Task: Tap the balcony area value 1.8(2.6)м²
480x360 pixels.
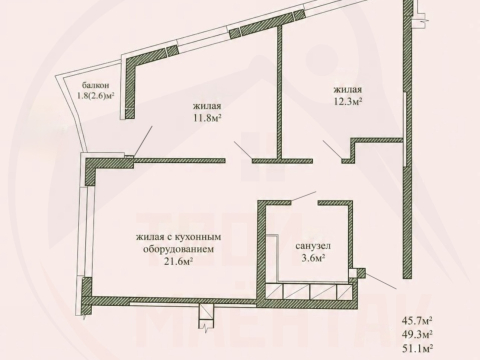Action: click(x=96, y=96)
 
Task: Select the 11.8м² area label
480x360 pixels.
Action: click(x=207, y=118)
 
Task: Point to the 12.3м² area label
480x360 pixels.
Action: click(x=348, y=101)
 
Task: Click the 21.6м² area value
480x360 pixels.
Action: click(x=178, y=261)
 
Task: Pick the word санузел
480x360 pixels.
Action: click(x=313, y=246)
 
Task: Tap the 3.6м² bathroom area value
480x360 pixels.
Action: click(x=313, y=258)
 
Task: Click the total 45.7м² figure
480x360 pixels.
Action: click(x=417, y=321)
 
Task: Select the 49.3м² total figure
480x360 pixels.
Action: click(x=417, y=333)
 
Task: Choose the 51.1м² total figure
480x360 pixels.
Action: click(x=417, y=347)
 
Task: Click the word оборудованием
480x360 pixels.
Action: click(x=178, y=249)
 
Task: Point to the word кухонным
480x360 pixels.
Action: click(x=202, y=237)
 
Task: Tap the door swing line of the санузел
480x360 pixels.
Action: click(x=304, y=196)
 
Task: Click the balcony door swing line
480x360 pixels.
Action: click(x=143, y=141)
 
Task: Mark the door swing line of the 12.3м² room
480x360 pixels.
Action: click(x=332, y=149)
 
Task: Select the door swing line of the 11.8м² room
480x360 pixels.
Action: click(x=243, y=150)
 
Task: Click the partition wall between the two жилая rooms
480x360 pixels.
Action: click(x=280, y=92)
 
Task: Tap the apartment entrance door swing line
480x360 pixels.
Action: click(x=381, y=281)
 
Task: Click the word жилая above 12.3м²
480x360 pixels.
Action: click(x=348, y=90)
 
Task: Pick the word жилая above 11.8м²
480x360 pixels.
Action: click(x=207, y=107)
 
